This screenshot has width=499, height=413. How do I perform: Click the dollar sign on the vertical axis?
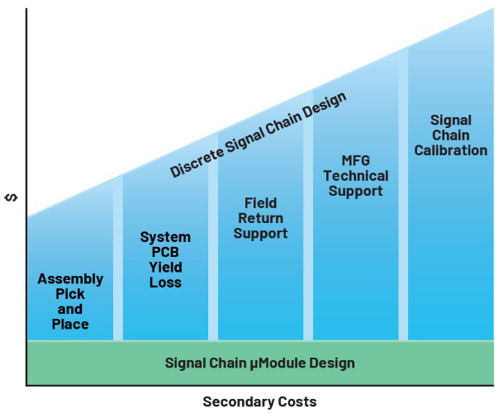click(x=12, y=197)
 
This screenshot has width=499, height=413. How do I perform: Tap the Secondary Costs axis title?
click(x=259, y=402)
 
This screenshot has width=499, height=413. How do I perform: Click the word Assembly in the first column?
click(x=70, y=279)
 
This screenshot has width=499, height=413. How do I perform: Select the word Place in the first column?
click(x=70, y=325)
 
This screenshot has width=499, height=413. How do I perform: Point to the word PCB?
click(x=165, y=252)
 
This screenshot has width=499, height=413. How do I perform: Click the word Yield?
click(x=165, y=268)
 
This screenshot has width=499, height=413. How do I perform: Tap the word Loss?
click(x=165, y=282)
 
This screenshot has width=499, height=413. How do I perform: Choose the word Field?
click(x=260, y=203)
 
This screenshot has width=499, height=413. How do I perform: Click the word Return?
click(x=260, y=218)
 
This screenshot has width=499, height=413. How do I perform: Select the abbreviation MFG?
click(x=356, y=160)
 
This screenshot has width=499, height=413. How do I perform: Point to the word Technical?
click(x=356, y=176)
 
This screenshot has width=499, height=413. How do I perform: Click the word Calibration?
click(x=450, y=150)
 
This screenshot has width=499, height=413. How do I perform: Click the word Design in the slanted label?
click(x=325, y=105)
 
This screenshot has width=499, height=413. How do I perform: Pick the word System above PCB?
click(x=165, y=237)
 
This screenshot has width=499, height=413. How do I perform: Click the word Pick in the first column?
click(x=70, y=294)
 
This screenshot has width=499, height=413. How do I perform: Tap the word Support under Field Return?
click(x=260, y=234)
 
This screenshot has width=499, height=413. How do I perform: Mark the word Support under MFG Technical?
click(x=356, y=192)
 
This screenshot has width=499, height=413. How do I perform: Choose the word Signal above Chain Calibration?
click(x=450, y=121)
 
